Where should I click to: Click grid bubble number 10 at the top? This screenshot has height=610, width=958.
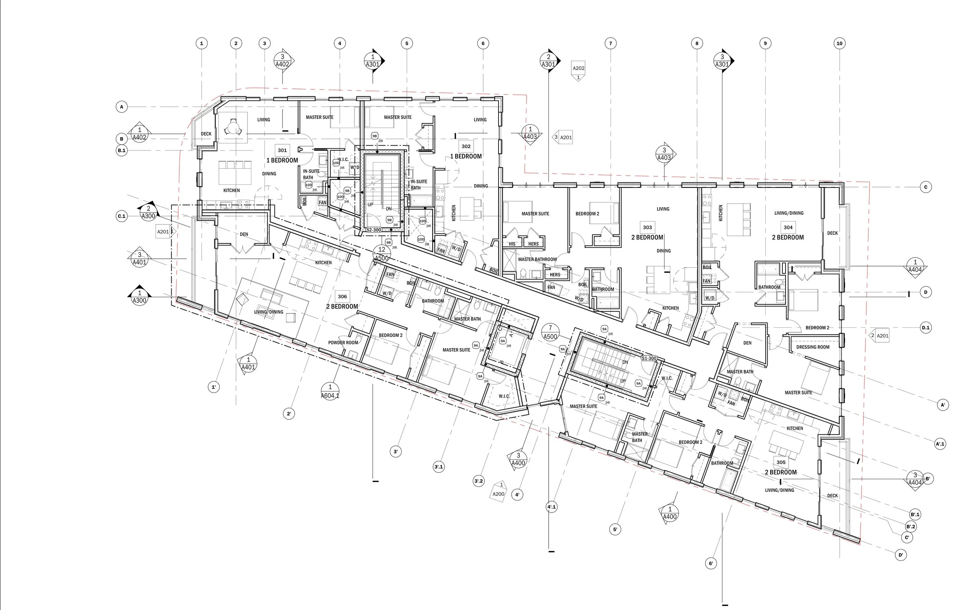(839, 43)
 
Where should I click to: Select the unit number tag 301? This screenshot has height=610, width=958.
(282, 150)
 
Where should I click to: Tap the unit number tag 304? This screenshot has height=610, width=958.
(788, 227)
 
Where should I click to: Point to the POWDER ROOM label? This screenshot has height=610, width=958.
(343, 342)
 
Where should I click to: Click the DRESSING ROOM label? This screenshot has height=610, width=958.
(812, 347)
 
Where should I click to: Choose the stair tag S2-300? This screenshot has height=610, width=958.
(374, 230)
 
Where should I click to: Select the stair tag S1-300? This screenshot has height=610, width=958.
(649, 358)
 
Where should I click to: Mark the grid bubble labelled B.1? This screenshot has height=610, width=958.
(121, 151)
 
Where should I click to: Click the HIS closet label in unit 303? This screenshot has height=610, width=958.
(512, 244)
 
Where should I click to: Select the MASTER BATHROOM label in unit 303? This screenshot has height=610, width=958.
(537, 259)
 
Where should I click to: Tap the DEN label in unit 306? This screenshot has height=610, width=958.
(244, 234)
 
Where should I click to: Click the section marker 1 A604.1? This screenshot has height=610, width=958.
(330, 391)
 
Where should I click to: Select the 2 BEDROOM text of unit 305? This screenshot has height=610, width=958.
(781, 472)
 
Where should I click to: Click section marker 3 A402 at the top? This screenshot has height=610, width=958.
(282, 61)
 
